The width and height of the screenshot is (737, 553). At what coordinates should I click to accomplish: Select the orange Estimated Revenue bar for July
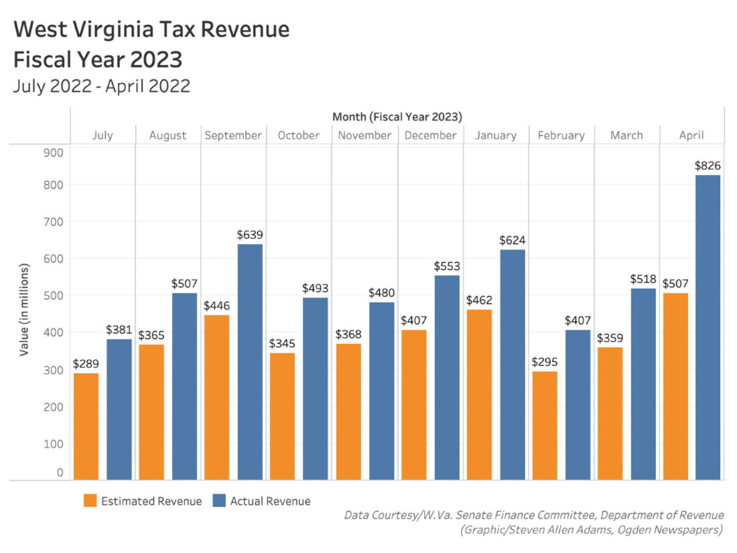coord(86,426)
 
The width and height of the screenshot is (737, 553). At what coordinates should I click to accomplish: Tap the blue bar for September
coord(250,362)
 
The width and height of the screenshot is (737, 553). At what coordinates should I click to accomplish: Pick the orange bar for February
coord(545,425)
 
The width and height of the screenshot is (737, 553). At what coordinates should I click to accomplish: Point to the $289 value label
coord(86,363)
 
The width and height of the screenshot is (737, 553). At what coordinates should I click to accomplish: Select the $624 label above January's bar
coord(512,240)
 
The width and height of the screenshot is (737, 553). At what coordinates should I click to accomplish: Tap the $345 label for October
coord(282,343)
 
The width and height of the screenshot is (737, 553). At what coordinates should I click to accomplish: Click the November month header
coord(364,135)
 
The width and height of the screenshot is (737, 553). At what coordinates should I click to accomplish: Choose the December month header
coord(430,135)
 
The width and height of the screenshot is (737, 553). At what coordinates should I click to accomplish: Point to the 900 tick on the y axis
coord(54,152)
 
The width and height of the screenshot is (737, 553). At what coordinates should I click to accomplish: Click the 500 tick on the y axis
coord(54,296)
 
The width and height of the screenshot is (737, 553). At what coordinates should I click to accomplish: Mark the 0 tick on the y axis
coord(60,473)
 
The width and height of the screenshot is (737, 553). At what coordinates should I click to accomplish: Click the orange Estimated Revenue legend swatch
coord(90,501)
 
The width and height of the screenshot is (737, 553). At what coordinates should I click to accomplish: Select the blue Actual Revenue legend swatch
coord(219,501)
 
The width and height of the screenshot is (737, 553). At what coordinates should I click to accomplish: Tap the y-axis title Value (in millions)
coord(25,310)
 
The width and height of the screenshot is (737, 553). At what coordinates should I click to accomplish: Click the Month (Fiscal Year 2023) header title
coord(397,117)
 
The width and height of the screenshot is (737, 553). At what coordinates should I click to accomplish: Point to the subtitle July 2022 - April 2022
coord(101,86)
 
